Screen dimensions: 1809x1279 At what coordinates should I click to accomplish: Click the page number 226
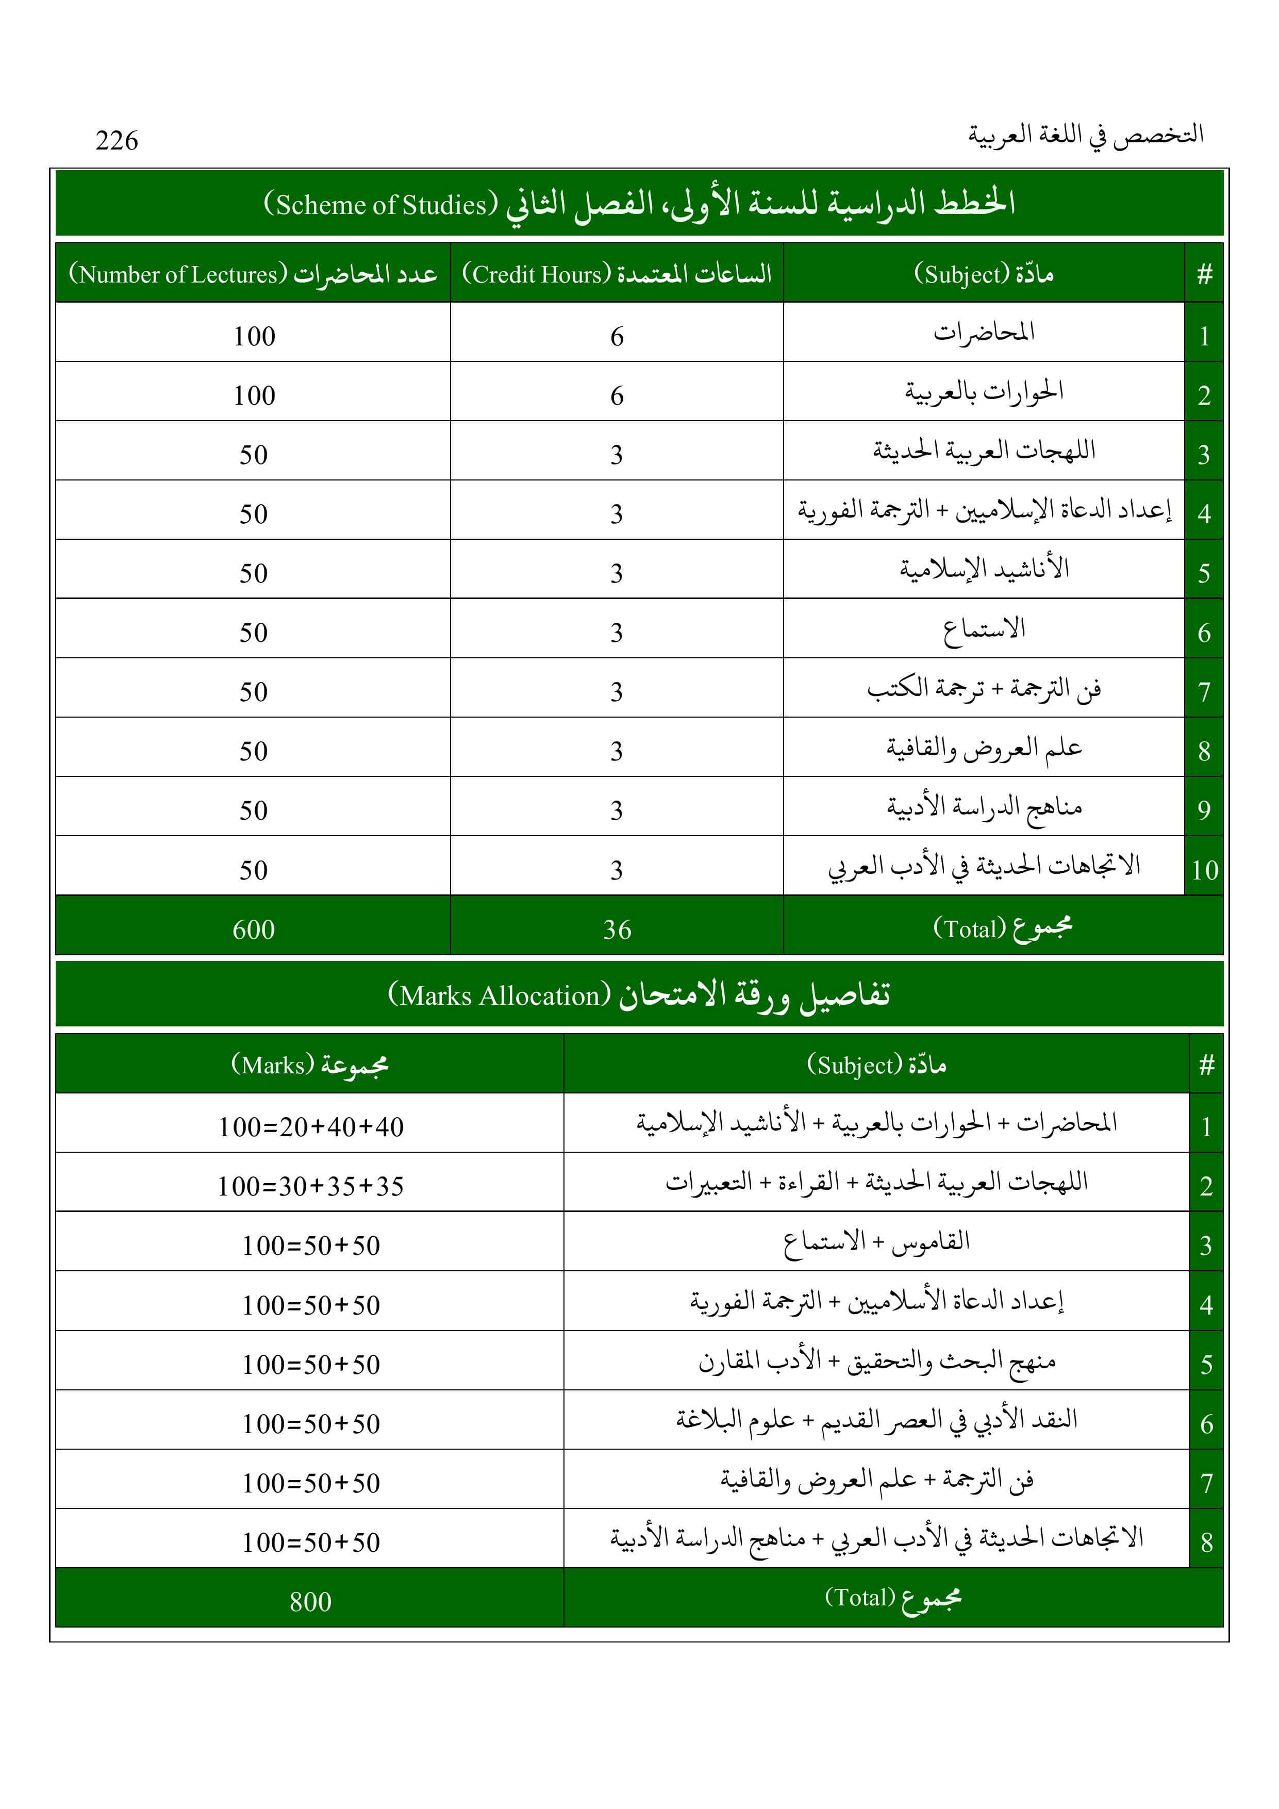117,140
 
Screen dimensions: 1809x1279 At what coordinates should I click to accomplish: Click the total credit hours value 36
617,930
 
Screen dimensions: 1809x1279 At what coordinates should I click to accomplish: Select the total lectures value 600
254,930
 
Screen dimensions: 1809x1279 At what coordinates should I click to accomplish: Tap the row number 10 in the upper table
1204,870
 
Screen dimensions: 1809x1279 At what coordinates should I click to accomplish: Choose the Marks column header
310,1065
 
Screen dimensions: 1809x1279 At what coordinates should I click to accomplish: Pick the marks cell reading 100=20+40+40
310,1126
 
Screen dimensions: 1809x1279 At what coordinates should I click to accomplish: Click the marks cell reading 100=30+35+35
310,1186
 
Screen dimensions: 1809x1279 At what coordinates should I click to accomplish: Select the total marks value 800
310,1602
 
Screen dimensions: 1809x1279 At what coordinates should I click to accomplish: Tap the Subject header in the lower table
876,1065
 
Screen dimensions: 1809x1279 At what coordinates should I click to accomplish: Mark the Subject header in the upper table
984,274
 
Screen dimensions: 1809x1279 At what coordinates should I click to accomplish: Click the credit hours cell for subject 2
617,395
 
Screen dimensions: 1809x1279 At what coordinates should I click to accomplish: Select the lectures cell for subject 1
254,337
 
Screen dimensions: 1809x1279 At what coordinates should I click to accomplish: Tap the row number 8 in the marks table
1206,1542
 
